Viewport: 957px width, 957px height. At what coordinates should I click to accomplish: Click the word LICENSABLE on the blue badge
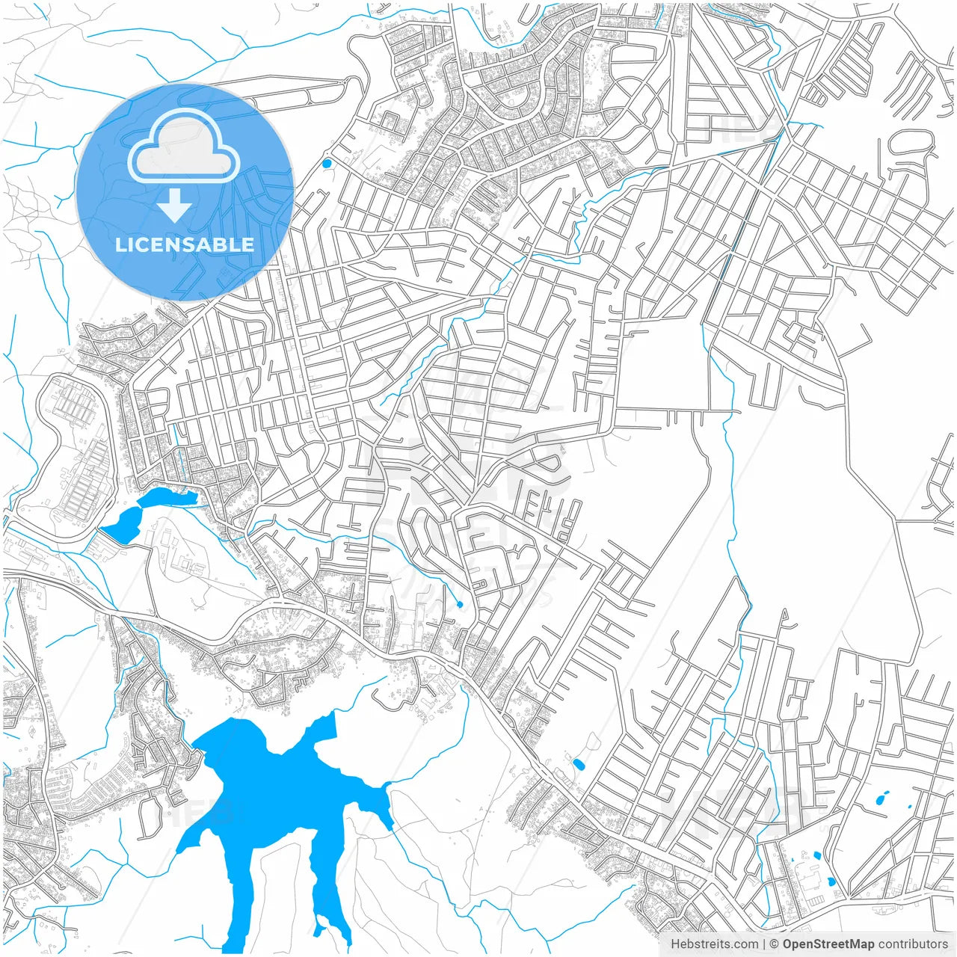tap(185, 244)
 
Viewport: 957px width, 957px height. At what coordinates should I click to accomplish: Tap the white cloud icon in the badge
tap(184, 147)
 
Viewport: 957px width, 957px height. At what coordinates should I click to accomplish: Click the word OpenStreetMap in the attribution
tap(828, 944)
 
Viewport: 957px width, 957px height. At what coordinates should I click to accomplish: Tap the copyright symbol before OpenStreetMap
tap(775, 944)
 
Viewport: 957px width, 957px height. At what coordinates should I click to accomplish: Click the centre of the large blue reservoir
tap(277, 793)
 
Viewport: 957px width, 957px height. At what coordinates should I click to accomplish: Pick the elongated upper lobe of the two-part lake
tap(169, 496)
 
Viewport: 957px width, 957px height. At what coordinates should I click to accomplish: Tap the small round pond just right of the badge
tap(326, 163)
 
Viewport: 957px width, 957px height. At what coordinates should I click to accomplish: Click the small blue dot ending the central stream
tap(459, 604)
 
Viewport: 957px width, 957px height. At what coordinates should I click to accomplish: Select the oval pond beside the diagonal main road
tap(579, 764)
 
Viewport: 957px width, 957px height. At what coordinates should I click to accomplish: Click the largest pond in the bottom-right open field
tap(882, 799)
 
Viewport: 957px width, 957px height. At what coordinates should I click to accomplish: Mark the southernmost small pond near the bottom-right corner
tap(832, 881)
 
